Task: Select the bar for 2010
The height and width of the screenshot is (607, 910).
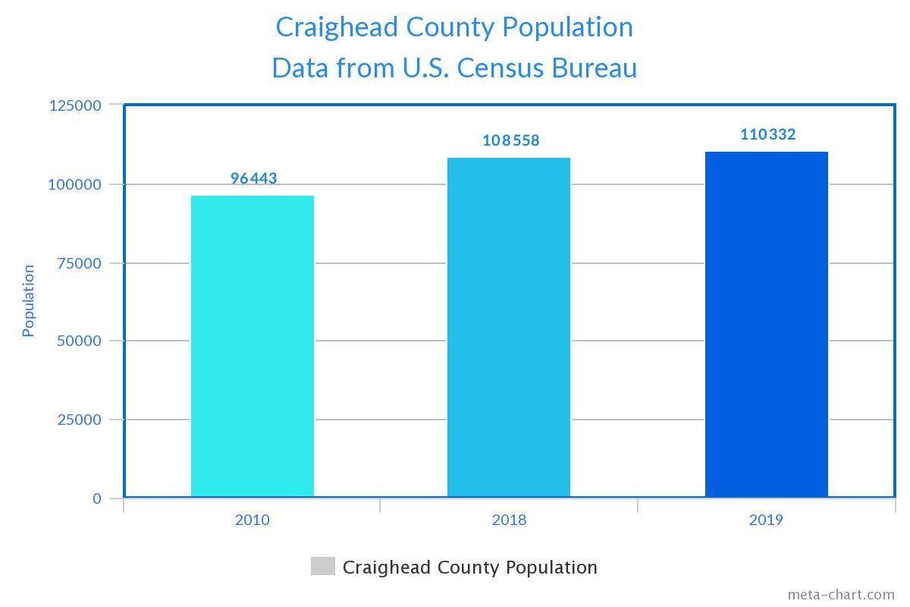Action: pos(252,347)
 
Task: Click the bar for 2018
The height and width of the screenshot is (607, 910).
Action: pos(508,328)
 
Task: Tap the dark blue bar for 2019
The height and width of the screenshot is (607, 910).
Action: pos(766,325)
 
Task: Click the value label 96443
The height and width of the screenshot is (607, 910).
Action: pos(254,179)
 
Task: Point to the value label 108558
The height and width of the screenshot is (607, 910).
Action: pos(511,140)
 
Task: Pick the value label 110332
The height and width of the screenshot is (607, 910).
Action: pos(768,134)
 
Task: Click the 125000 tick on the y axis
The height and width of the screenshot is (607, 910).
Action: pos(75,105)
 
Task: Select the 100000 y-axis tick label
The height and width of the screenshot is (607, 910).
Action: pos(75,184)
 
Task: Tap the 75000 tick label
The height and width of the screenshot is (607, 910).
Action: pos(79,263)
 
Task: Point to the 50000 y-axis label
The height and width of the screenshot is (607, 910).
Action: pos(79,341)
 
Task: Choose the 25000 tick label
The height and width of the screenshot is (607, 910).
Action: pos(79,420)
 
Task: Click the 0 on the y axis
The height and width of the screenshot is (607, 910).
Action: pos(96,498)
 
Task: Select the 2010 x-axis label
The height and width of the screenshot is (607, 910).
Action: pos(252,521)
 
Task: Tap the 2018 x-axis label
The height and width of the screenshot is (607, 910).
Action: pos(509,521)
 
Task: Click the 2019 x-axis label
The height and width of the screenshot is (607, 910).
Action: pos(766,521)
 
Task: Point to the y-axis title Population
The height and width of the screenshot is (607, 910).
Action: pos(28,300)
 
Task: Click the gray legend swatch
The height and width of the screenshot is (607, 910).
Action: pos(322,567)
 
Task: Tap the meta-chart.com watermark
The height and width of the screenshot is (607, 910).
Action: pos(840,595)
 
